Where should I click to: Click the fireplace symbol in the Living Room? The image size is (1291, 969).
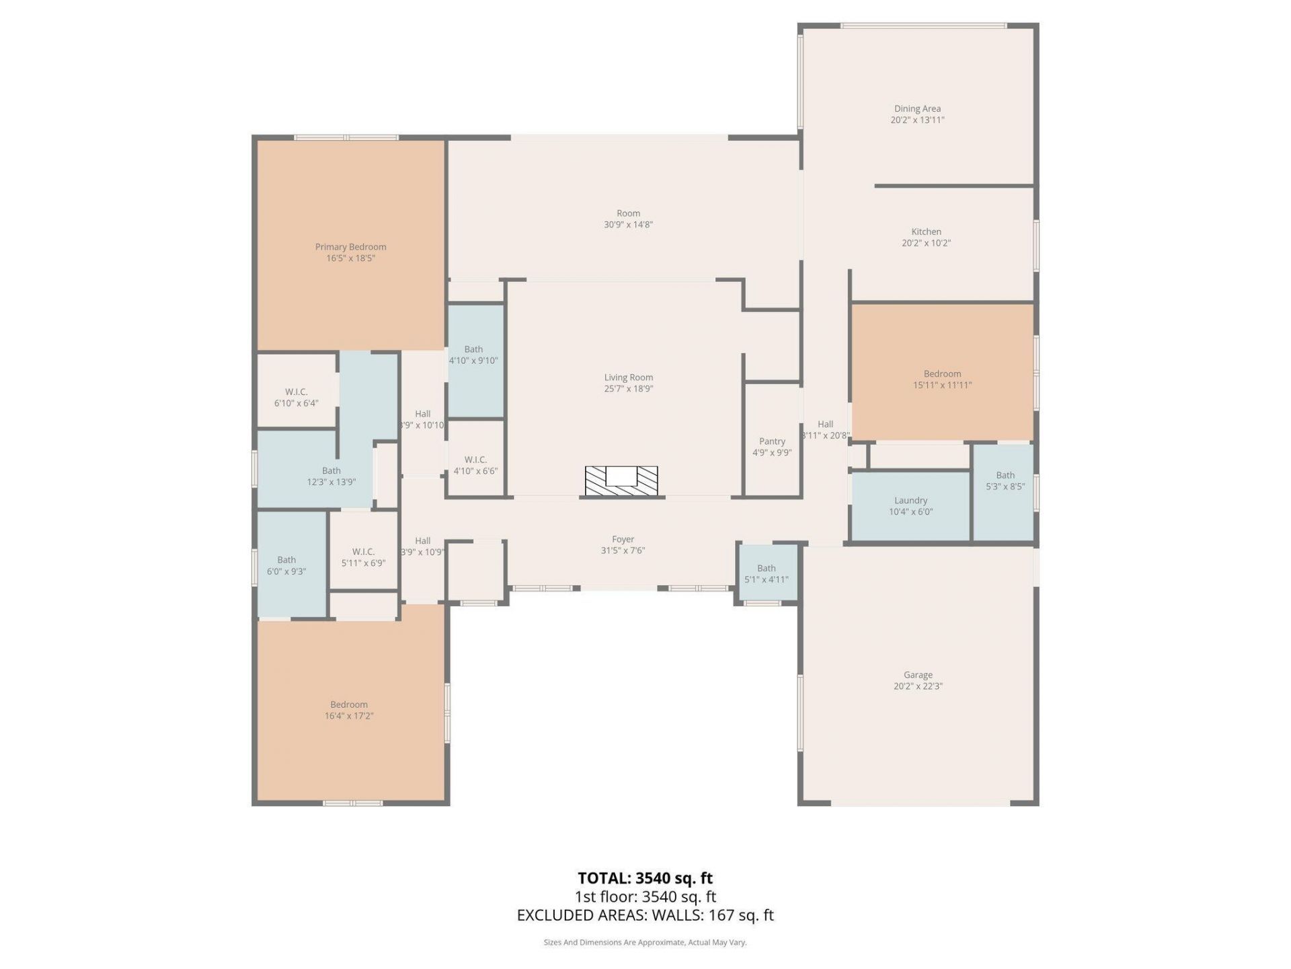point(621,480)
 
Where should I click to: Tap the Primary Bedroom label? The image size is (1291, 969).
point(350,247)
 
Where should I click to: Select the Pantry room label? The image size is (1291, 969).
point(772,441)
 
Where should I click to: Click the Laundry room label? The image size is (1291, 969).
point(910,501)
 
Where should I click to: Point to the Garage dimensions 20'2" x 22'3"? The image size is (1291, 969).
point(918,686)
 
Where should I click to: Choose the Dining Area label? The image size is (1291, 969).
point(917,109)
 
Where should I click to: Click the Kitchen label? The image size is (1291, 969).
point(926,232)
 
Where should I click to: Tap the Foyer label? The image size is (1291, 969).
point(623,540)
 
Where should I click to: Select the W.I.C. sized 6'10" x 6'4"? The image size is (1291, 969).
point(296,398)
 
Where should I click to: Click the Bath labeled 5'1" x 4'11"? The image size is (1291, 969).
point(766,574)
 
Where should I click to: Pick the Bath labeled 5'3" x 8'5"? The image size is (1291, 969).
point(1005,481)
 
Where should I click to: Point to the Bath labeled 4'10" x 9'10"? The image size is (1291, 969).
point(473,355)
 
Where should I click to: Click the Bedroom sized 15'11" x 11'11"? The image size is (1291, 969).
point(942,380)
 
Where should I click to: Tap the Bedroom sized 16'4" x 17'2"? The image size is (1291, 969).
point(349,710)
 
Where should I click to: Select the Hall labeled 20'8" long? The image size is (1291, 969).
point(825,430)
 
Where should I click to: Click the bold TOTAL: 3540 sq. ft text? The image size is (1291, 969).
point(645,878)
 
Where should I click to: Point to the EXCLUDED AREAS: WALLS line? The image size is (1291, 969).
point(645,915)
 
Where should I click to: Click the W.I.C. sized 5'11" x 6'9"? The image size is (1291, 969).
point(363,557)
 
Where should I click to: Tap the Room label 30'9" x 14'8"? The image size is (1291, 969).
point(628,219)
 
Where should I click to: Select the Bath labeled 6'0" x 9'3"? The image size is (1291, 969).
point(286,565)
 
